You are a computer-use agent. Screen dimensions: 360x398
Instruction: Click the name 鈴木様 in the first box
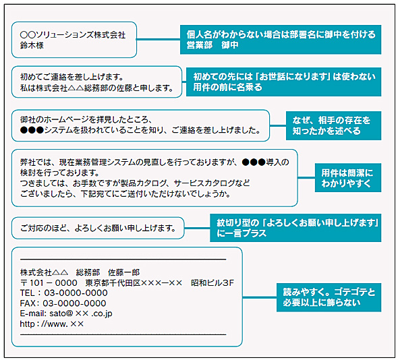(x=32, y=44)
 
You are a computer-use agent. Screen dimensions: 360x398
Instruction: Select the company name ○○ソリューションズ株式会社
(x=73, y=33)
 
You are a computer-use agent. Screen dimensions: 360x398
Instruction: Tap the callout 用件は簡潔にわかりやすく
(x=347, y=177)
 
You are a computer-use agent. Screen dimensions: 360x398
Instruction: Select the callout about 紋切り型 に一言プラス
(x=295, y=228)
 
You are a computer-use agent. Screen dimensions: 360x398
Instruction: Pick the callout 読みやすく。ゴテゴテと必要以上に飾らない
(x=329, y=297)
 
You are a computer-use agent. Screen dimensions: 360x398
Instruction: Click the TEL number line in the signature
(x=64, y=293)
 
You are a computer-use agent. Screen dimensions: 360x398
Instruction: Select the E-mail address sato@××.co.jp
(x=66, y=313)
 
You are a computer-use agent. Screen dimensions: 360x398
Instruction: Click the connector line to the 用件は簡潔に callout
(x=306, y=177)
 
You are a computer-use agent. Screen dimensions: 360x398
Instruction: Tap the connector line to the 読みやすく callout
(x=259, y=297)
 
